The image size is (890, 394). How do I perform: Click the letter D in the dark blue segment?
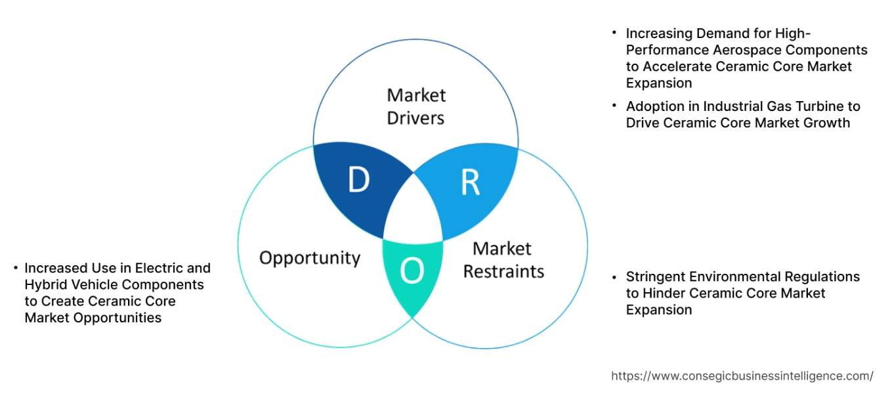coord(358,181)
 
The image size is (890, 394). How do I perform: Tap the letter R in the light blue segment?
coord(470,184)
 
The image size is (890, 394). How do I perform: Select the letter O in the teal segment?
coord(412,271)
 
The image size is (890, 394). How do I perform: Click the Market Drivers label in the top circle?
coord(416,106)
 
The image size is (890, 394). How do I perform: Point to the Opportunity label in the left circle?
coord(310,257)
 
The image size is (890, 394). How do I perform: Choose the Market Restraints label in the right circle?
coord(503,260)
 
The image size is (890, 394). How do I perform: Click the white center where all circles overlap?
coord(414,211)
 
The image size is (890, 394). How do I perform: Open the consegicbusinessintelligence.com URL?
coord(742,376)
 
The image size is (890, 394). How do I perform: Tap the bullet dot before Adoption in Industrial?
coord(614,106)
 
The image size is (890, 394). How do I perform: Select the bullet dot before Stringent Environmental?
coord(614,276)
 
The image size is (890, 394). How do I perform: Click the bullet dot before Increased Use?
coord(14,268)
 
